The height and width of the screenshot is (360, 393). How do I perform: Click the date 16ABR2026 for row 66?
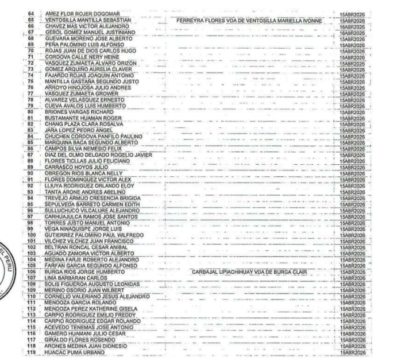352,26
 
